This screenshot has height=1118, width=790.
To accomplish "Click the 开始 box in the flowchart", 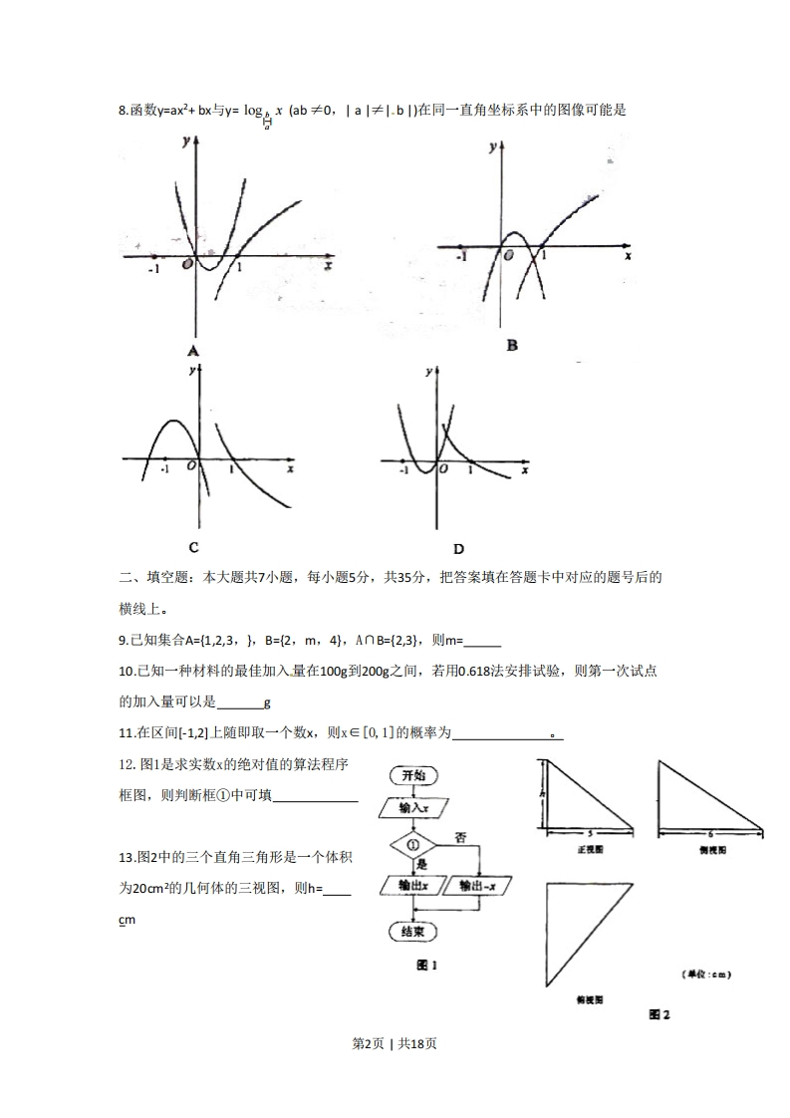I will click(x=413, y=776).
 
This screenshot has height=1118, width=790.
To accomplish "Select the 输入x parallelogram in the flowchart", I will click(x=413, y=809).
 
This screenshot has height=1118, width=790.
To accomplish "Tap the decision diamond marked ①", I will click(x=414, y=846).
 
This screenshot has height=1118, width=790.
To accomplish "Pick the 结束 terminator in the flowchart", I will click(x=413, y=932).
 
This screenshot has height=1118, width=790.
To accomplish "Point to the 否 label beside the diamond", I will click(x=460, y=835).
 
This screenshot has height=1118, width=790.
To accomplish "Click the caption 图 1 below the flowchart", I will click(x=427, y=966).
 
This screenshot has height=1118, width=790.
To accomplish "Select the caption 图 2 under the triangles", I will click(x=659, y=1014).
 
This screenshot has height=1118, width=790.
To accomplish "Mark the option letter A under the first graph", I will click(x=192, y=351).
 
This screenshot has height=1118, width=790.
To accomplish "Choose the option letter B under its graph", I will click(x=512, y=346).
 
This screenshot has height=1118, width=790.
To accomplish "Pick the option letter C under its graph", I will click(x=193, y=547).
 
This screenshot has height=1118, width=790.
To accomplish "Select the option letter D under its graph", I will click(x=458, y=548).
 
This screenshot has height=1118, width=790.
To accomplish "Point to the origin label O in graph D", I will click(x=443, y=468).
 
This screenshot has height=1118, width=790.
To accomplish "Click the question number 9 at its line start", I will click(x=122, y=642).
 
